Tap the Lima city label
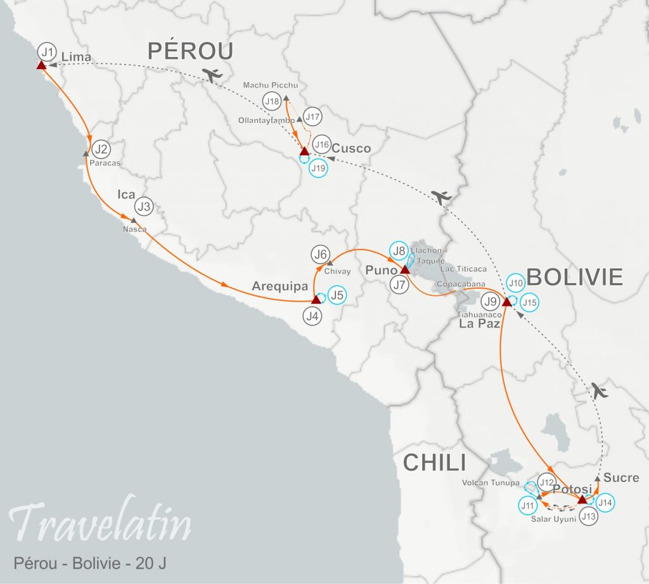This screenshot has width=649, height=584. (x=76, y=58)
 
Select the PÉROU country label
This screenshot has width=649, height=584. (x=191, y=52)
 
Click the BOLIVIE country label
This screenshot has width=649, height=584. (x=575, y=277)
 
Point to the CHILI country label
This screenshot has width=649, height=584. (x=435, y=463)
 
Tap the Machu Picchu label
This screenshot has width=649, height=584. (x=271, y=85)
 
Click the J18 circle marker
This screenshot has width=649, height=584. (x=273, y=101)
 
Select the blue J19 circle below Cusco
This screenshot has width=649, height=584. (x=318, y=168)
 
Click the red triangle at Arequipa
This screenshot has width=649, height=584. (x=316, y=300)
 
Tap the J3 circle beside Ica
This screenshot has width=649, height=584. (x=145, y=206)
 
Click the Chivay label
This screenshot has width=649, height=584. (x=337, y=271)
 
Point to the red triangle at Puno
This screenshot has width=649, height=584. (x=404, y=270)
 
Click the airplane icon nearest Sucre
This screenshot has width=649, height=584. (x=599, y=390)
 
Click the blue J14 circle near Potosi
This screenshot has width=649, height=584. (x=605, y=502)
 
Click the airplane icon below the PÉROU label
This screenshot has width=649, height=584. (x=214, y=74)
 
